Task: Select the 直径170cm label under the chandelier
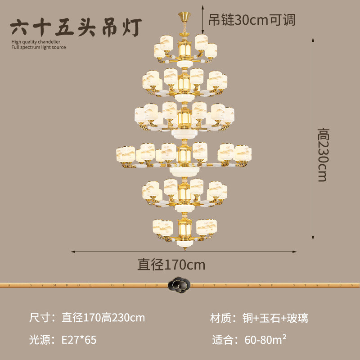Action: [171, 264]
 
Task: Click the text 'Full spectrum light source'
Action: [38, 47]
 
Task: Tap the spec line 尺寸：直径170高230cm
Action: [87, 318]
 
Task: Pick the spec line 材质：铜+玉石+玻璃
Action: [259, 318]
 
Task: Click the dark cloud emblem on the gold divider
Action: [179, 284]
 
